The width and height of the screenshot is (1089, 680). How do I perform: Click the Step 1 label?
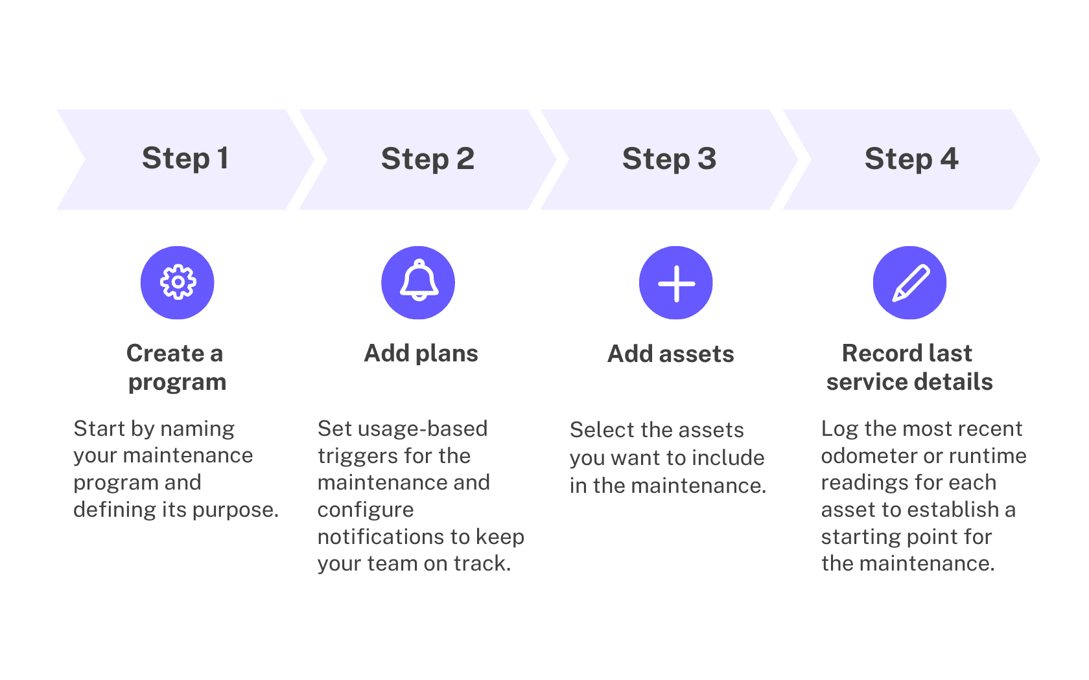coord(185,159)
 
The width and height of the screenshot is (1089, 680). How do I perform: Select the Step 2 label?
coord(428,159)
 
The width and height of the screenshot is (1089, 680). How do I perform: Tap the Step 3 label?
coord(669,159)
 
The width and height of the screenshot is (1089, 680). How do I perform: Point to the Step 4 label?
coord(911,159)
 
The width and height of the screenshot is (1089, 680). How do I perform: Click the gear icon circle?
coord(178,282)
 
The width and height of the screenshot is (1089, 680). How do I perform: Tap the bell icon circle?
coord(418,282)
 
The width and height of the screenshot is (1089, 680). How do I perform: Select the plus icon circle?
coord(676,283)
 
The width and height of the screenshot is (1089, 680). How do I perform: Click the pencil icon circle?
coord(909,282)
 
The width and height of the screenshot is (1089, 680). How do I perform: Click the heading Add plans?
coord(421,354)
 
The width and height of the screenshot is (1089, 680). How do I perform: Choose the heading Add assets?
coord(671,354)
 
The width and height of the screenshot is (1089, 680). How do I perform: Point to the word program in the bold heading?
coord(177,383)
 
